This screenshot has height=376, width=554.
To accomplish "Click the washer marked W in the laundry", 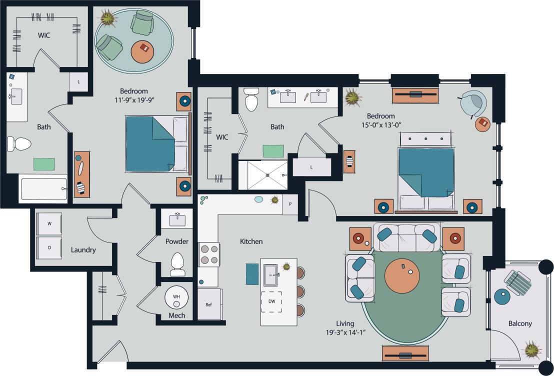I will (x=49, y=224).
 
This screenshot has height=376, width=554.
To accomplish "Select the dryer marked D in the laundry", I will (x=49, y=247).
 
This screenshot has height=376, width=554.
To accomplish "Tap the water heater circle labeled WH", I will (x=176, y=297).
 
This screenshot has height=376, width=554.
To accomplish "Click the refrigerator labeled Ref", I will (x=209, y=304).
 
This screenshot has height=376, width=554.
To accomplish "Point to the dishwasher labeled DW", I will (x=271, y=301).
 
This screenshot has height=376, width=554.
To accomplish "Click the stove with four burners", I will (x=209, y=254).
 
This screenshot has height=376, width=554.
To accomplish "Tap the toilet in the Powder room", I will (x=177, y=263).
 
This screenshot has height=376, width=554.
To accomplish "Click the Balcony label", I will (x=519, y=323).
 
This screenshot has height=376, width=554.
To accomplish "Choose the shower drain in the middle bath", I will (x=267, y=175).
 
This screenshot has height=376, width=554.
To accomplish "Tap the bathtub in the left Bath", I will (x=43, y=189).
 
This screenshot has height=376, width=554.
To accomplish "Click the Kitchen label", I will (x=251, y=241).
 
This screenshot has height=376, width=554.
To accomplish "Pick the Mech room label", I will (x=176, y=315).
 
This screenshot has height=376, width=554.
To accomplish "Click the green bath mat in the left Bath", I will (x=44, y=164).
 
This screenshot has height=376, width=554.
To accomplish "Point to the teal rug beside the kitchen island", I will (x=252, y=274).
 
